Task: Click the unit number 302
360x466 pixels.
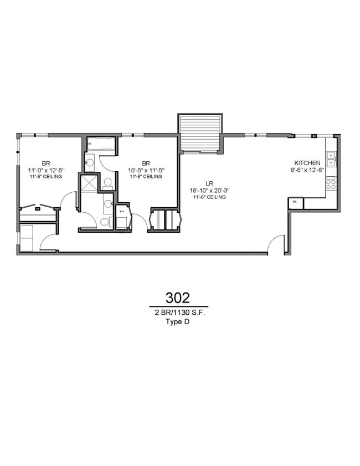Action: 178,297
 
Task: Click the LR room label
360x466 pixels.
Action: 209,183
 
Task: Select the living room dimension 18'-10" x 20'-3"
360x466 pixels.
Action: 209,190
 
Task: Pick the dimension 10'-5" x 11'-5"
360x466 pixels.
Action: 146,170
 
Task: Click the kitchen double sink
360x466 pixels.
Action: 331,158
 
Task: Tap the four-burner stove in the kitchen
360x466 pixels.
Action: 331,183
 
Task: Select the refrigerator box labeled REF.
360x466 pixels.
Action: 295,203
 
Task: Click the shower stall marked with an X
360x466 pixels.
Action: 88,183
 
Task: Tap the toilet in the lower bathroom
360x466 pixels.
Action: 104,222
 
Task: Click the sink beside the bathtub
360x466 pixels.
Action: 90,163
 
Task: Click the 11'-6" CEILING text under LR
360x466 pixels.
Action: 209,197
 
